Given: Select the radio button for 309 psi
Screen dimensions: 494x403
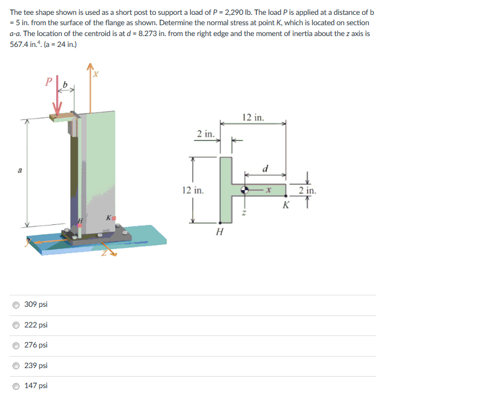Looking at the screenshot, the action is click(x=16, y=305).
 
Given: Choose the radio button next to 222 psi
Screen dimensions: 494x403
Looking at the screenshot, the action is click(x=16, y=325).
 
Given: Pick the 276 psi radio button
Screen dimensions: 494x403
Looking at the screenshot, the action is click(x=16, y=346).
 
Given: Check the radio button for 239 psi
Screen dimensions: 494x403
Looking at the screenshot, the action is click(x=16, y=366).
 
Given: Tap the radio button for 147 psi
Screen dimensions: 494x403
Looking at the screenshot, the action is click(x=16, y=386).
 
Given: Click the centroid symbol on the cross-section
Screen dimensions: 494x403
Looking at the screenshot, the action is click(x=245, y=190).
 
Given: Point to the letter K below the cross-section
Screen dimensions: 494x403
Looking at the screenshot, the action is click(x=286, y=205).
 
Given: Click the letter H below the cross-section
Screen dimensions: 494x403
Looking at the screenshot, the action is click(x=220, y=232).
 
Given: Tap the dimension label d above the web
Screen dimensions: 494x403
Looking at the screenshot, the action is click(x=265, y=169).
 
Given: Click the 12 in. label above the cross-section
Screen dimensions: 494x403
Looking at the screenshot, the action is click(x=253, y=117).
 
